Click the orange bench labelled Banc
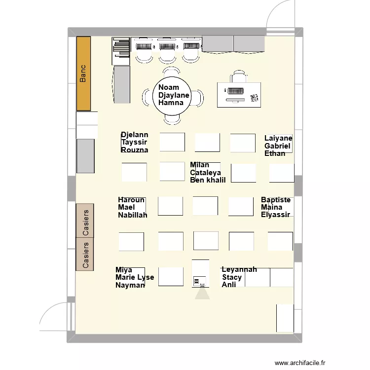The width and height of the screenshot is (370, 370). point(83,73)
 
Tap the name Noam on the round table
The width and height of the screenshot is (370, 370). point(169,88)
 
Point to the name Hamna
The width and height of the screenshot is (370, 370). point(171,103)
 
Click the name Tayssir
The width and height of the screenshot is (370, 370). point(134,142)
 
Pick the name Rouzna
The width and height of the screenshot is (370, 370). point(134,150)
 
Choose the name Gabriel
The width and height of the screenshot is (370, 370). point(278,146)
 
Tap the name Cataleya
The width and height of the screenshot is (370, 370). point(205,173)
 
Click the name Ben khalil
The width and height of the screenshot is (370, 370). point(208,180)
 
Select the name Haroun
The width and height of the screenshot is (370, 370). point(131,200)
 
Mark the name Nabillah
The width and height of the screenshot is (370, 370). point(133,215)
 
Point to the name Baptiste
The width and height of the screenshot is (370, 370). point(276,200)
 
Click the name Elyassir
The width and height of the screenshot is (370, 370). point(275,215)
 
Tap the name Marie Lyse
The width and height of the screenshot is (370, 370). point(135,277)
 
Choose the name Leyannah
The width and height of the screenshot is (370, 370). point(239,270)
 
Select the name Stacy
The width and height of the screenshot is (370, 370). point(232,277)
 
